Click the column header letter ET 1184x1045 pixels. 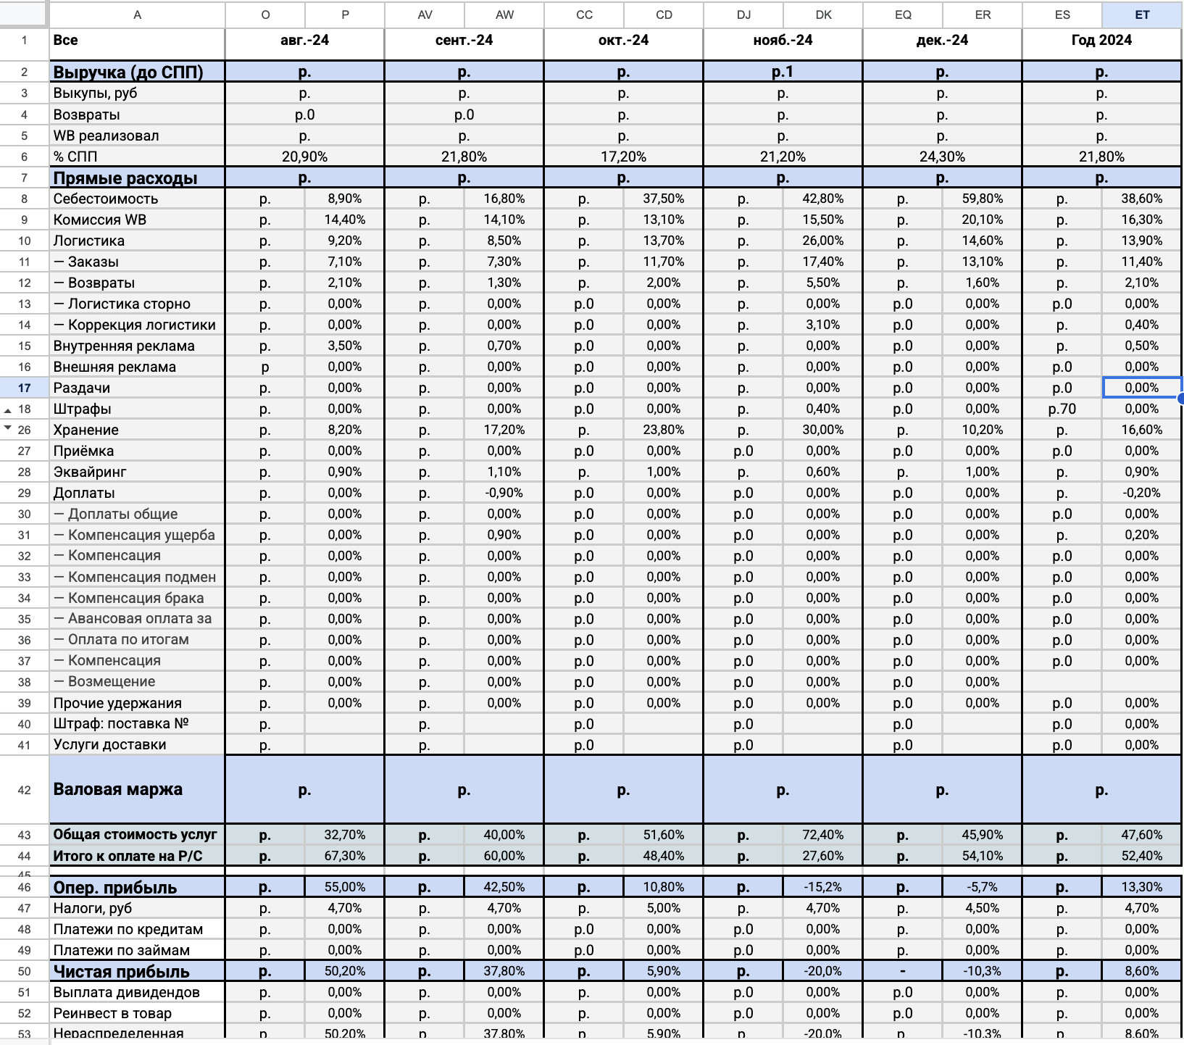click(x=1141, y=14)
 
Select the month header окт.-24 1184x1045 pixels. click(x=623, y=41)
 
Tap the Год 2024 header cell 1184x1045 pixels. click(x=1101, y=41)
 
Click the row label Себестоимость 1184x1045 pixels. click(x=106, y=199)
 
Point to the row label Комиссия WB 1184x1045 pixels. click(x=100, y=220)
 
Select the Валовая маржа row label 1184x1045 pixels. click(x=118, y=789)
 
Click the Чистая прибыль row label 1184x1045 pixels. click(x=121, y=971)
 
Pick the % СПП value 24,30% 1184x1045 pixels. click(x=942, y=157)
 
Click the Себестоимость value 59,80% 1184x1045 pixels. click(x=983, y=199)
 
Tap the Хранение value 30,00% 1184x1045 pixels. click(x=823, y=430)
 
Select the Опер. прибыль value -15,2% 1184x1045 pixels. click(x=823, y=887)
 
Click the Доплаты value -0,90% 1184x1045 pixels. click(x=504, y=493)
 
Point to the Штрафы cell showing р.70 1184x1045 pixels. click(x=1062, y=409)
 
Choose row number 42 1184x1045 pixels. click(x=25, y=790)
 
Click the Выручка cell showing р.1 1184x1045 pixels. click(x=783, y=72)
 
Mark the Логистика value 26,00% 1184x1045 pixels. click(x=823, y=241)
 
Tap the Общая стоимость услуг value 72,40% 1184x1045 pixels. click(x=823, y=835)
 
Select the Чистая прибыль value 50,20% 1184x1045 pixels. click(x=345, y=971)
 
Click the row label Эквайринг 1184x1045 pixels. click(x=90, y=472)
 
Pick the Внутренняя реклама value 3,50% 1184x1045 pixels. click(x=345, y=346)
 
